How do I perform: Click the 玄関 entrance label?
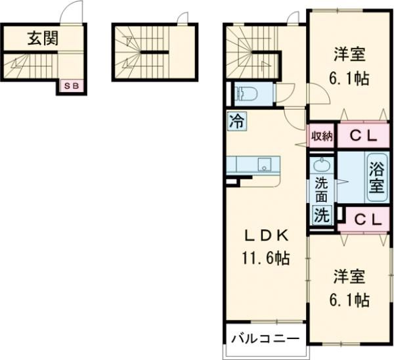(41, 38)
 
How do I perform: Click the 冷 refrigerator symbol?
(237, 121)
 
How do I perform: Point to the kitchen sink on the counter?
(264, 164)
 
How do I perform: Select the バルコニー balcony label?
(265, 339)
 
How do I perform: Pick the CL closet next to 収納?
(362, 137)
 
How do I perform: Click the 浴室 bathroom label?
(376, 175)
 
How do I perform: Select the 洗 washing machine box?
(320, 215)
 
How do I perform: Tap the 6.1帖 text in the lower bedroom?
(349, 300)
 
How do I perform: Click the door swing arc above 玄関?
(70, 14)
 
